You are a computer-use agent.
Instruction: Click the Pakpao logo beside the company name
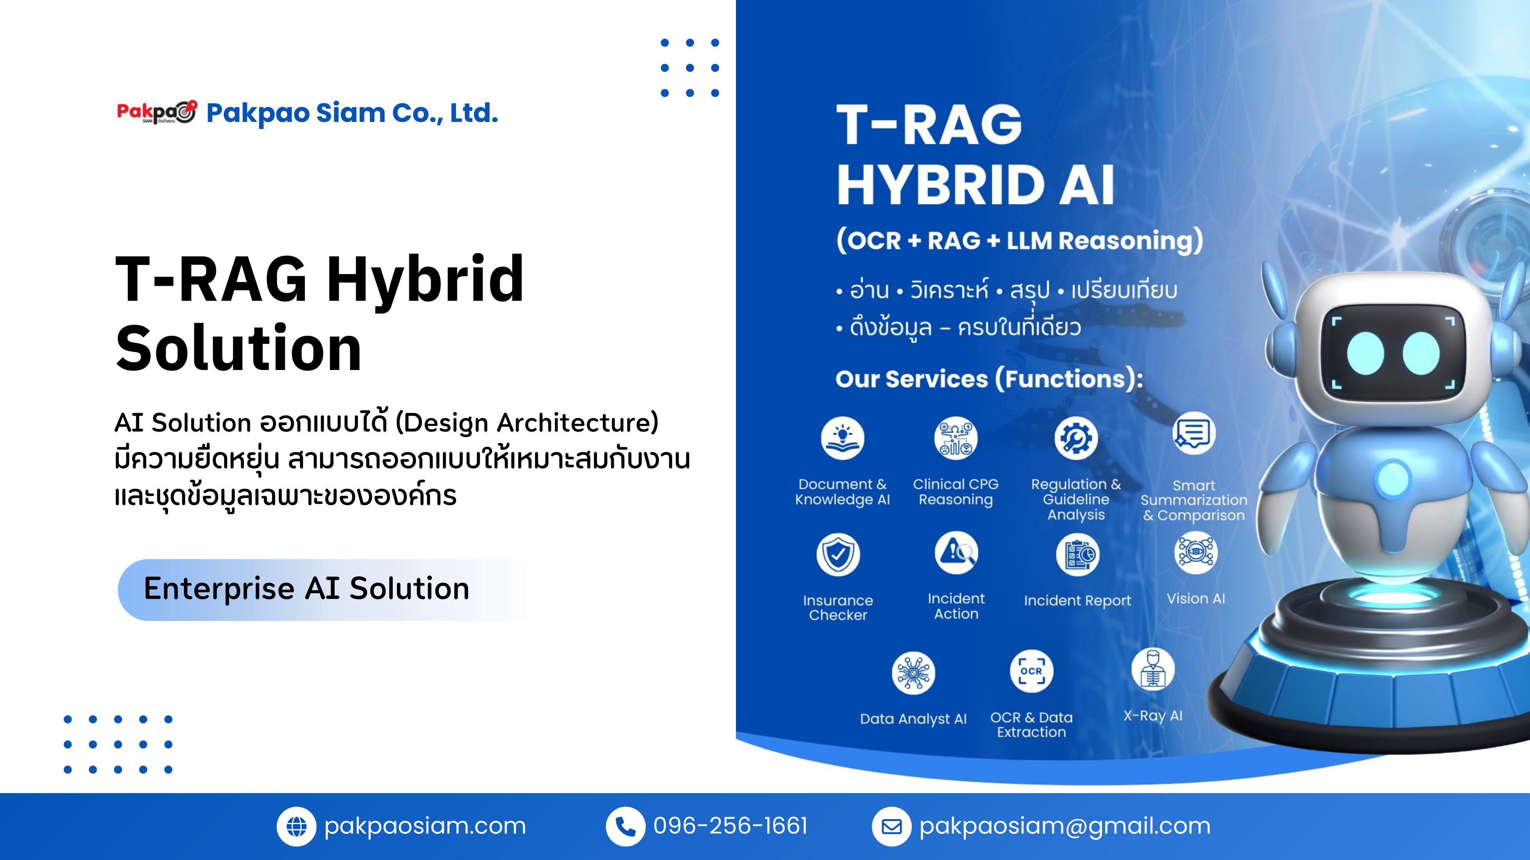pyautogui.click(x=156, y=112)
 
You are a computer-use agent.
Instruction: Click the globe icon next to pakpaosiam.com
pyautogui.click(x=296, y=826)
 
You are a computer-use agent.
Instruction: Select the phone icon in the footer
pyautogui.click(x=625, y=826)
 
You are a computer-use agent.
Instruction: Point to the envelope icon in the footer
pyautogui.click(x=891, y=826)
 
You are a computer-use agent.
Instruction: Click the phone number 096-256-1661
pyautogui.click(x=731, y=826)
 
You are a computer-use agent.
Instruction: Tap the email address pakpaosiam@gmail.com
pyautogui.click(x=1064, y=826)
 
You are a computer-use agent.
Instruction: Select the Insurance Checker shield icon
pyautogui.click(x=838, y=554)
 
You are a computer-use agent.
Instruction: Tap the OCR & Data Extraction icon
pyautogui.click(x=1031, y=671)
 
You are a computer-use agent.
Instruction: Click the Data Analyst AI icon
pyautogui.click(x=913, y=673)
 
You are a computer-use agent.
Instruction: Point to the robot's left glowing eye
pyautogui.click(x=1366, y=353)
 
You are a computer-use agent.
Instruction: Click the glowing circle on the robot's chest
pyautogui.click(x=1393, y=479)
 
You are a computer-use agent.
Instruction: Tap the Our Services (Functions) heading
pyautogui.click(x=989, y=379)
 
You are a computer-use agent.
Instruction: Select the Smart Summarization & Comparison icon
pyautogui.click(x=1194, y=433)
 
